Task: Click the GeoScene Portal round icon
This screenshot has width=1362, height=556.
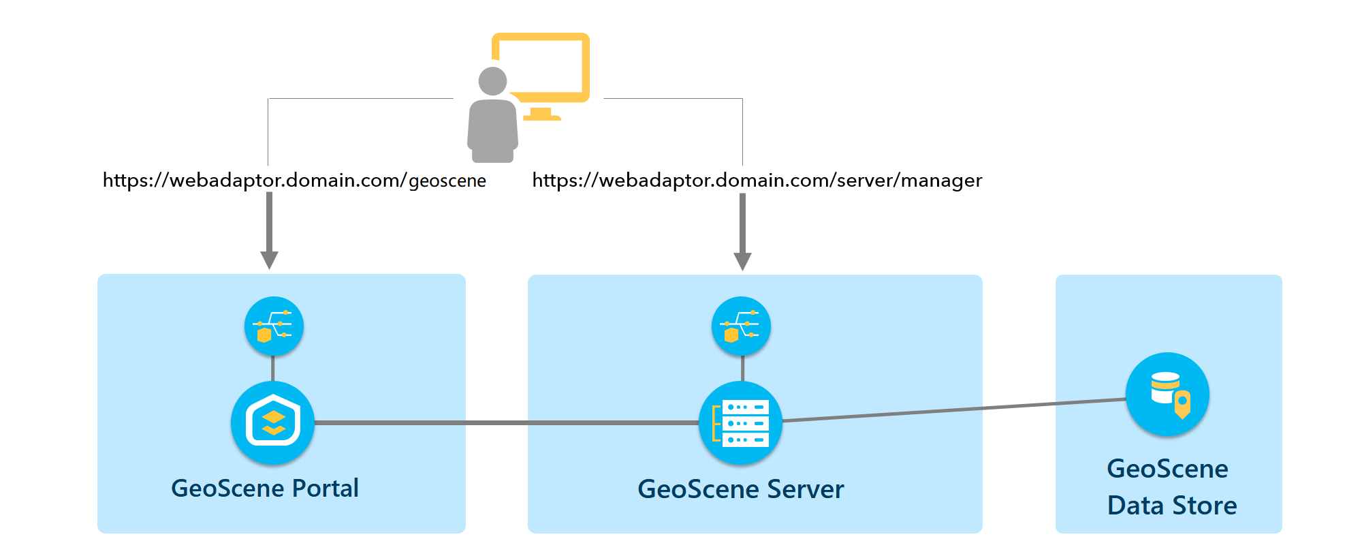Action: click(272, 423)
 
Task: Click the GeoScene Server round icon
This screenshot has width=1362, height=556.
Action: click(741, 423)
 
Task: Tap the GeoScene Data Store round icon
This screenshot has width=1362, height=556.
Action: click(1167, 395)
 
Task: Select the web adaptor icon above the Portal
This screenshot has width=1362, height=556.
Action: click(274, 326)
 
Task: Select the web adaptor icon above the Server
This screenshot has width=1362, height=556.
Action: click(741, 326)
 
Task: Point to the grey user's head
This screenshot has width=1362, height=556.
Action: click(492, 81)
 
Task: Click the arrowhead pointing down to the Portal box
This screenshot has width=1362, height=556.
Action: click(269, 260)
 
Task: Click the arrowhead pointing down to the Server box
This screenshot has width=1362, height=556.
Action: click(742, 262)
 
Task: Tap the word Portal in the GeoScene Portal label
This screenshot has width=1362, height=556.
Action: click(325, 489)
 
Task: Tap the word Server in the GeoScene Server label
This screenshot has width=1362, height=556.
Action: click(805, 489)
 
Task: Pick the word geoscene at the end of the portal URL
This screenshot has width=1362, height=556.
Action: click(447, 181)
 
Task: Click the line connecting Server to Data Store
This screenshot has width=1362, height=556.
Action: click(953, 410)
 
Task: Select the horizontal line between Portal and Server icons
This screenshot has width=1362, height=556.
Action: click(504, 423)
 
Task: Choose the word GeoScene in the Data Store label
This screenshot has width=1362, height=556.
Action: click(1167, 469)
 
